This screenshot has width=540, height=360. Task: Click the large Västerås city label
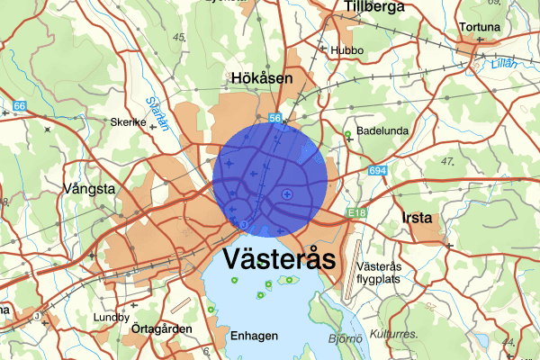pyautogui.click(x=279, y=261)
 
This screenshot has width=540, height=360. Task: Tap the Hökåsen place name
pyautogui.click(x=262, y=79)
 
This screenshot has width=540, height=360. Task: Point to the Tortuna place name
pyautogui.click(x=477, y=28)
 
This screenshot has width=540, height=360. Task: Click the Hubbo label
pyautogui.click(x=347, y=50)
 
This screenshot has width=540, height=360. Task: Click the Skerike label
pyautogui.click(x=127, y=122)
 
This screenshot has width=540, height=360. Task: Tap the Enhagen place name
pyautogui.click(x=253, y=336)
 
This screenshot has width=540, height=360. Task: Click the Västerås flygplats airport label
pyautogui.click(x=383, y=273)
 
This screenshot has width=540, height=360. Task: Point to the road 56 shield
pyautogui.click(x=275, y=118)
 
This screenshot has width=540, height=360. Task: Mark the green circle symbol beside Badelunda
pyautogui.click(x=347, y=136)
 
